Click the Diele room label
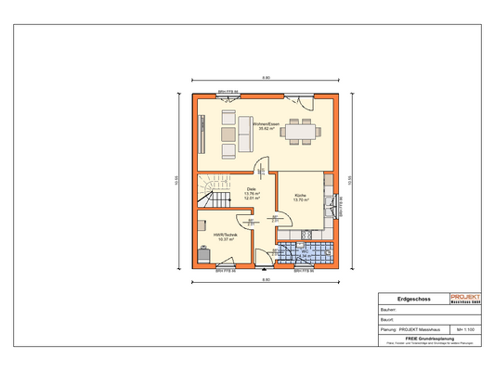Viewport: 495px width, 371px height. tap(251, 188)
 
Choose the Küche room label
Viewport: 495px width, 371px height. tap(300, 195)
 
